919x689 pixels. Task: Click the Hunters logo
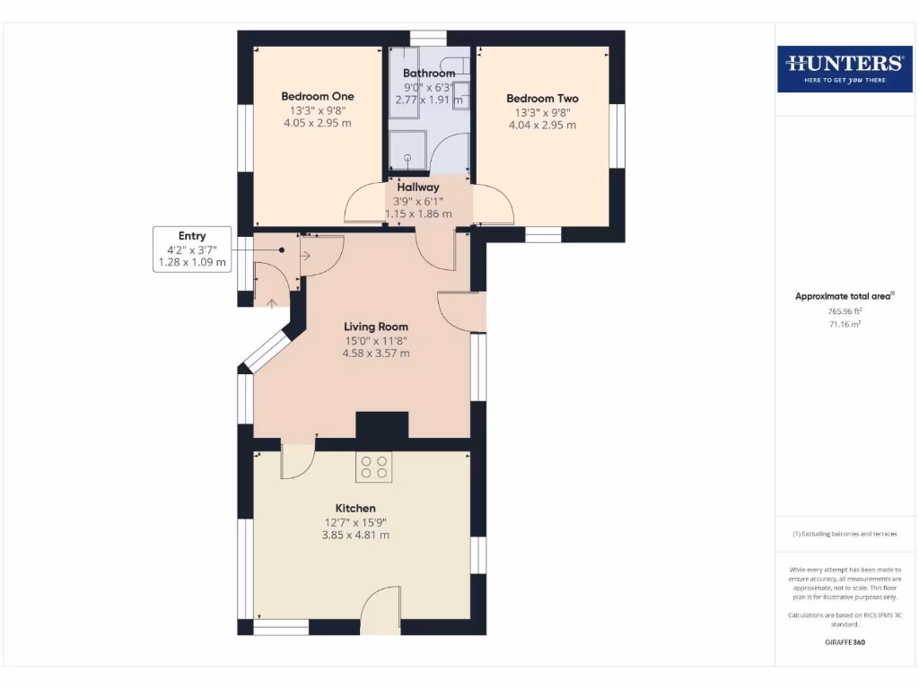click(844, 68)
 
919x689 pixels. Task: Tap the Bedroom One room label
click(318, 96)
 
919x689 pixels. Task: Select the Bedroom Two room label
click(542, 99)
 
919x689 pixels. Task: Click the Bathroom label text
click(429, 74)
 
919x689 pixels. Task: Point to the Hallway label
click(418, 188)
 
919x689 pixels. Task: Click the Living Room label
click(376, 327)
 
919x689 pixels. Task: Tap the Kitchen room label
click(355, 509)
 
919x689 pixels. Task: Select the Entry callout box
click(192, 249)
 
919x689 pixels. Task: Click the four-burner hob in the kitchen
click(374, 467)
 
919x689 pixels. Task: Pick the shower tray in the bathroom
click(407, 151)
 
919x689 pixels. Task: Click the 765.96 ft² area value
click(844, 311)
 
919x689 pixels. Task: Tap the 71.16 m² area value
click(844, 324)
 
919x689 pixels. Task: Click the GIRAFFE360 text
click(844, 642)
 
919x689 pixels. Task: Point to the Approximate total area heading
click(844, 296)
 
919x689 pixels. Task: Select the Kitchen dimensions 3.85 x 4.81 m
click(355, 535)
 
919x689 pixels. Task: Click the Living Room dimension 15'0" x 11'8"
click(376, 341)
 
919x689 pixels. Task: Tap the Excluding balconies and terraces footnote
click(844, 534)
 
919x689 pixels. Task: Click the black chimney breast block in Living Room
click(382, 424)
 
